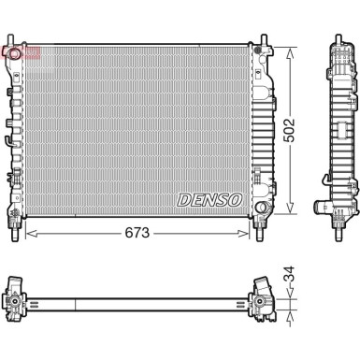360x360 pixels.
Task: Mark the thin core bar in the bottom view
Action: (140, 299)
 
